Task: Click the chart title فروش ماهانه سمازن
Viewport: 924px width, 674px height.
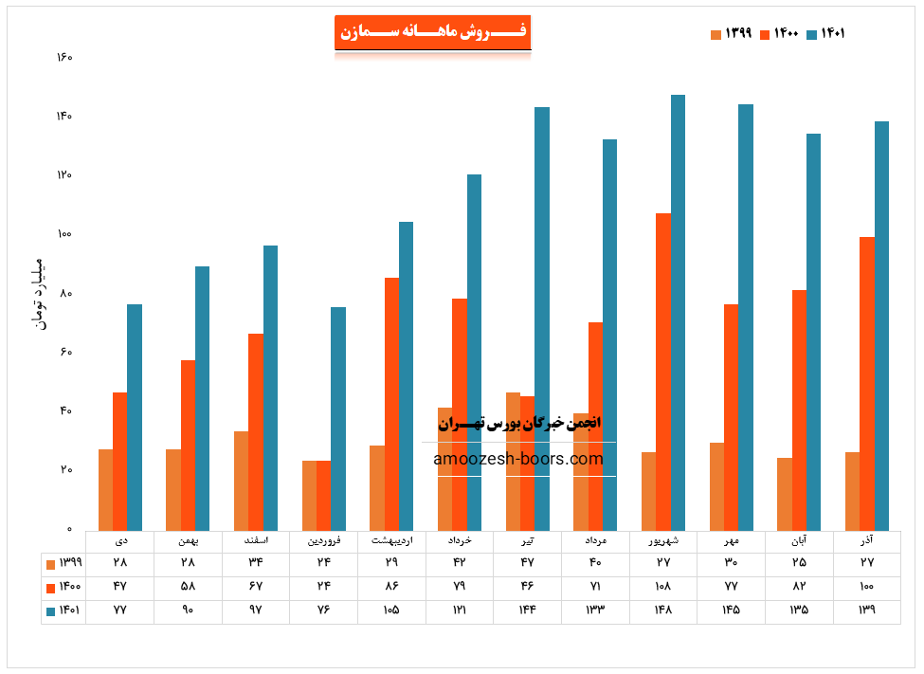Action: click(432, 31)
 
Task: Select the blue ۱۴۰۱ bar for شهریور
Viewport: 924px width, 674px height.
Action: click(678, 313)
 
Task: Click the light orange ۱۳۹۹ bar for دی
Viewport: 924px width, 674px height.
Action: click(105, 489)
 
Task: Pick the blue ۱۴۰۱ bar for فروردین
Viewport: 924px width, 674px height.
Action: click(338, 418)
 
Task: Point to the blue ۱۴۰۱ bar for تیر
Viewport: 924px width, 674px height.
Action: click(542, 319)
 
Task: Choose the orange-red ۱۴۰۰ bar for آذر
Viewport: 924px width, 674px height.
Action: click(867, 383)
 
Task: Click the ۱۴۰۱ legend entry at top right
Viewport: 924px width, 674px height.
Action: click(825, 34)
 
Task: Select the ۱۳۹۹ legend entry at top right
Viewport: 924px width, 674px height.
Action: click(731, 34)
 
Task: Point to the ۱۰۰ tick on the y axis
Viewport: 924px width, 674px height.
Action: click(63, 234)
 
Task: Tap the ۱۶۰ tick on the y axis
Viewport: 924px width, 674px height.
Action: click(63, 58)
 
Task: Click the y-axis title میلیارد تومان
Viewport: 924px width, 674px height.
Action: click(39, 293)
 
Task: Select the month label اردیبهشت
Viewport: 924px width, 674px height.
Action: click(391, 541)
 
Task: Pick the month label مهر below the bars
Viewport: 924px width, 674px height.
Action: click(731, 541)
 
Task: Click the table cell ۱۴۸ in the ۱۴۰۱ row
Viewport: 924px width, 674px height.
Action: click(662, 610)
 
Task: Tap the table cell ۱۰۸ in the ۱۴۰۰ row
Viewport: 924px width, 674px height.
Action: click(662, 587)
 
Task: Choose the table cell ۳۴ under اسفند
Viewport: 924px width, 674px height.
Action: click(256, 564)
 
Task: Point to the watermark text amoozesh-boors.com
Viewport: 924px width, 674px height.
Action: click(518, 460)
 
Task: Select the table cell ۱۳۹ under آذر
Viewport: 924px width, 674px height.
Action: click(866, 610)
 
